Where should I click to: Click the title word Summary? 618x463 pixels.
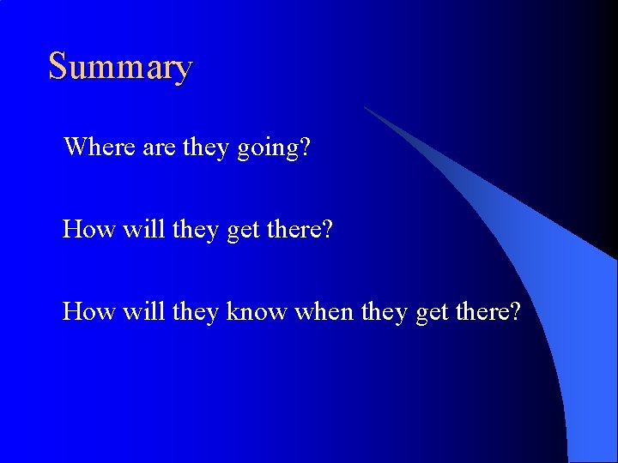click(x=120, y=67)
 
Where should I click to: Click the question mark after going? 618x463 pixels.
click(x=305, y=147)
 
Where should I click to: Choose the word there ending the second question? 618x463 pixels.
click(x=300, y=229)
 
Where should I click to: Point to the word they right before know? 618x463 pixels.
click(x=197, y=312)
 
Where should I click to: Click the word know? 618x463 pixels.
click(x=257, y=311)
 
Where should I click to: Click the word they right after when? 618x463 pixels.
click(x=385, y=312)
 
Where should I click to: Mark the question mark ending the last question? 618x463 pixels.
click(x=514, y=311)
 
